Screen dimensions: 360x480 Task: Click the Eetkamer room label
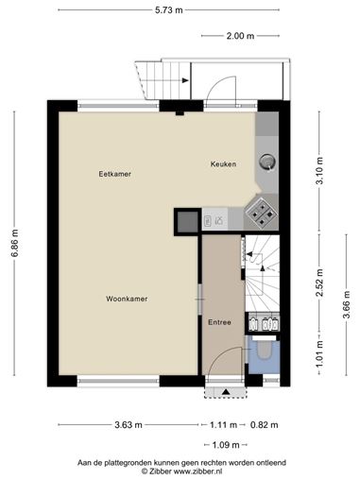click(x=115, y=174)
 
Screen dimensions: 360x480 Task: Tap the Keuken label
click(x=223, y=164)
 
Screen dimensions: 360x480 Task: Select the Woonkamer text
click(x=127, y=299)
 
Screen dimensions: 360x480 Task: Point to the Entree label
click(x=219, y=322)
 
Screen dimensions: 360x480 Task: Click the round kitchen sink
click(x=267, y=162)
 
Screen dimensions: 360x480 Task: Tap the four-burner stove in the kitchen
click(x=262, y=214)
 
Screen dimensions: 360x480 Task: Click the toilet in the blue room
click(x=264, y=351)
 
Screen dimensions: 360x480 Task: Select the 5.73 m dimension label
click(x=169, y=10)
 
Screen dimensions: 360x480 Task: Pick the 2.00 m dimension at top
click(x=240, y=36)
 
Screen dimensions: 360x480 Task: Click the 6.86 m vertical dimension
click(x=14, y=243)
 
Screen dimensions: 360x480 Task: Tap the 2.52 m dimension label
click(x=320, y=283)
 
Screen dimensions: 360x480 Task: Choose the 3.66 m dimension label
click(x=347, y=304)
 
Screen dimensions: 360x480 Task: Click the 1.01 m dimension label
click(x=320, y=354)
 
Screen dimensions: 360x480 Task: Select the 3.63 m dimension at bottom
click(x=129, y=425)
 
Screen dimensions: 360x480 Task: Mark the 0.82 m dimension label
click(x=265, y=425)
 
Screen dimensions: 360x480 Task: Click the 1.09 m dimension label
click(x=226, y=445)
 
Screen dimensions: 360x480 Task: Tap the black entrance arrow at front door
click(x=226, y=392)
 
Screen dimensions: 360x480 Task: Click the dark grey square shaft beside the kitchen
click(x=188, y=222)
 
